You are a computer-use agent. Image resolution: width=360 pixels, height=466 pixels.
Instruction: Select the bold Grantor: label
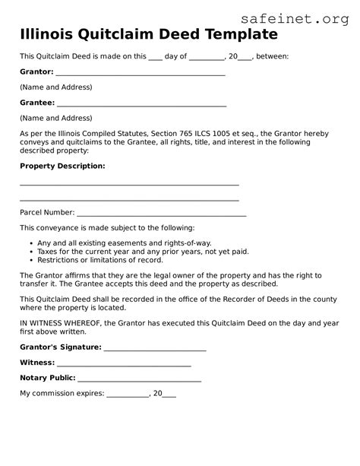point(36,71)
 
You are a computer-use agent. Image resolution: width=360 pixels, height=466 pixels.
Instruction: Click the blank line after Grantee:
point(141,103)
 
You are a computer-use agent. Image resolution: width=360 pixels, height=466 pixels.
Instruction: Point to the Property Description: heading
point(62,165)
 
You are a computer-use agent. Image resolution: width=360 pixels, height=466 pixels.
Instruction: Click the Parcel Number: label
point(47,212)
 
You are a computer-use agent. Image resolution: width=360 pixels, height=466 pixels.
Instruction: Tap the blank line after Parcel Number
point(161,213)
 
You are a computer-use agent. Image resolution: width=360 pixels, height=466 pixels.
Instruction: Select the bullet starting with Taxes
point(132,251)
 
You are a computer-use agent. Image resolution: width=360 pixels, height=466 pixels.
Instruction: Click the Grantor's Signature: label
point(60,347)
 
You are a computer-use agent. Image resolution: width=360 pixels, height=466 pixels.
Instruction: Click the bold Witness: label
point(39,362)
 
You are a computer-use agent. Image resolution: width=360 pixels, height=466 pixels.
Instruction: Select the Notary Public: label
point(47,378)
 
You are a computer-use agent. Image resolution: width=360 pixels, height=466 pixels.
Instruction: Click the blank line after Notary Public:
point(139,379)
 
